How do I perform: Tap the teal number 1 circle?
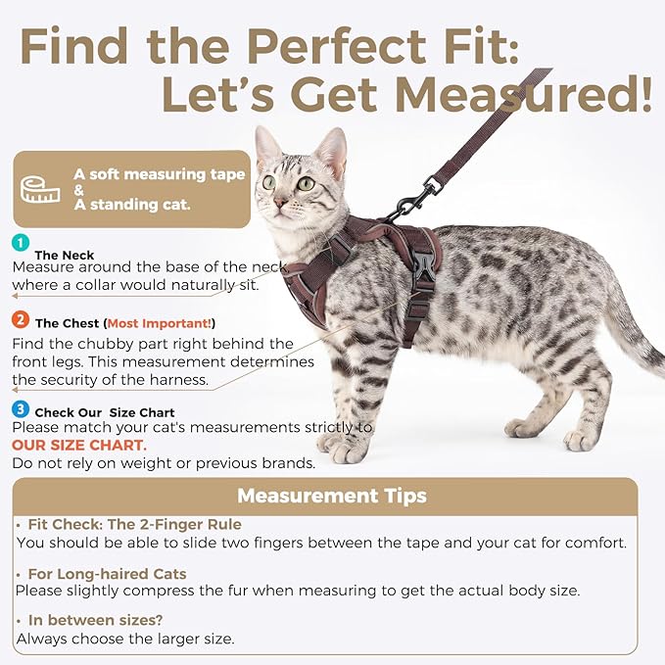(x=21, y=243)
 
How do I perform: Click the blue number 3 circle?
(x=21, y=409)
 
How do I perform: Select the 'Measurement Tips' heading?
(x=331, y=496)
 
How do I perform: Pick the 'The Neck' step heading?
(x=65, y=255)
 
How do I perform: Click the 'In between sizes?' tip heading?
(x=94, y=621)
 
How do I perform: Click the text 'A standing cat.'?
(x=132, y=206)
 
